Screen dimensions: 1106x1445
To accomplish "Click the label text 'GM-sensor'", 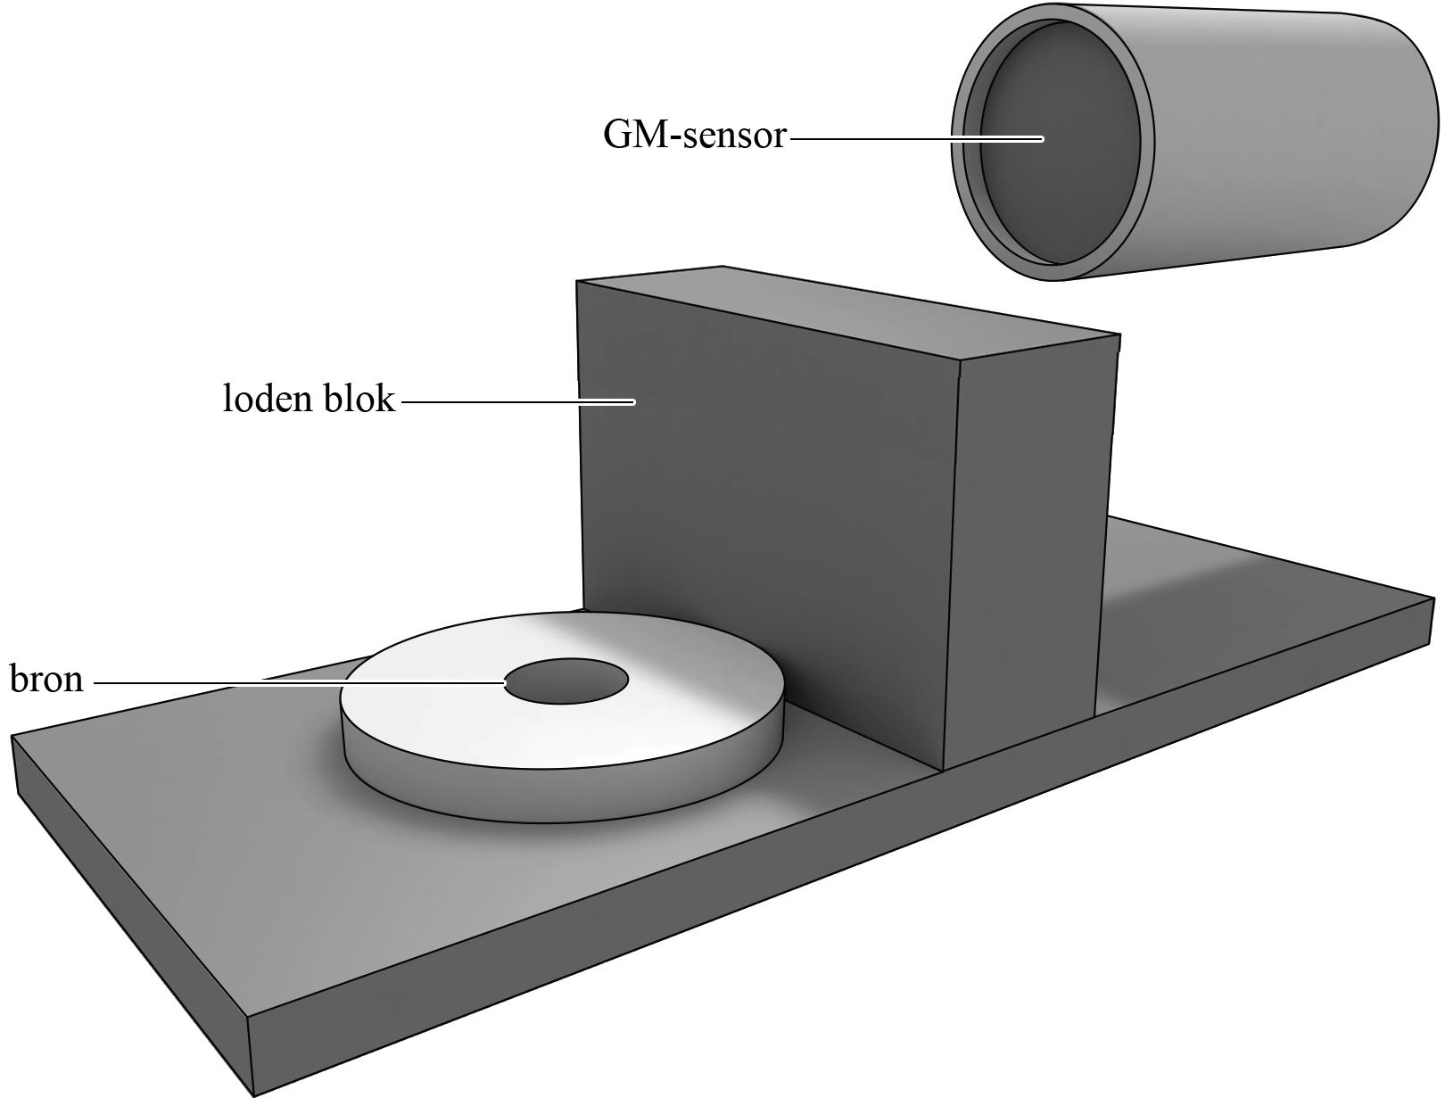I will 694,136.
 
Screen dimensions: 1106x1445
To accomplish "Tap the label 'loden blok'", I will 308,399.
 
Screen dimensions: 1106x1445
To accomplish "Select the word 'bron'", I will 46,680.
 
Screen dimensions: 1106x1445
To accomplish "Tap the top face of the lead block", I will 847,312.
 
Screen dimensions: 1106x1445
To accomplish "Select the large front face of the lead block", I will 767,499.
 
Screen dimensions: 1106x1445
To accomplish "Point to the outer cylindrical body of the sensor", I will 1293,134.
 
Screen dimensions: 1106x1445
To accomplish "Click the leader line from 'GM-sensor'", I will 910,139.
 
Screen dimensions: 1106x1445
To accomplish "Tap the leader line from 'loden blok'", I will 517,402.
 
